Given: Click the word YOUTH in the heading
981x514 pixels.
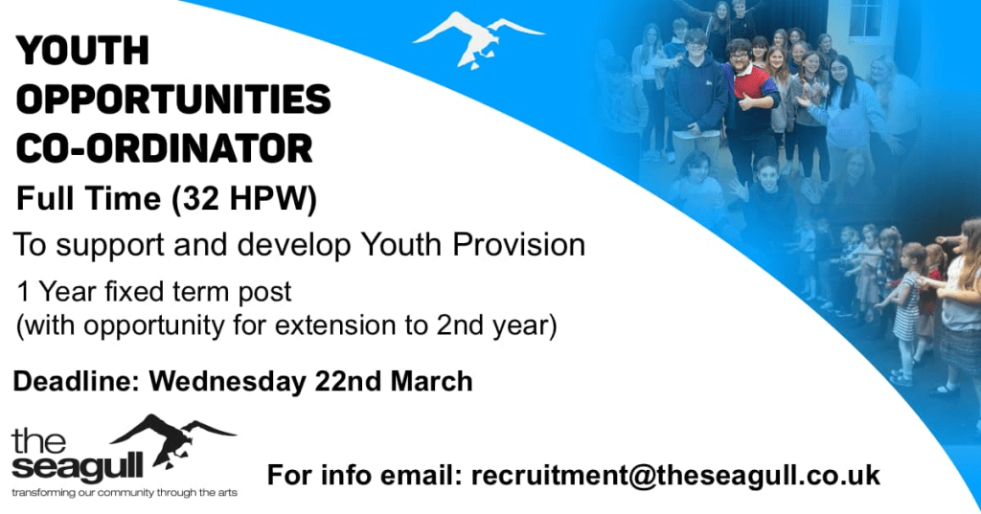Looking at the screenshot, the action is (82, 51).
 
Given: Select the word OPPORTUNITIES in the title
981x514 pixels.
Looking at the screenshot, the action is (173, 101).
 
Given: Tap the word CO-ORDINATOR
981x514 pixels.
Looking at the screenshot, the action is (164, 148).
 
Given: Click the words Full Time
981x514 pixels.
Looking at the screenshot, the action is (88, 199).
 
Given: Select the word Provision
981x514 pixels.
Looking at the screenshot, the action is (518, 244).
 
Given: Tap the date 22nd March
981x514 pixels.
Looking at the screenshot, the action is (394, 382).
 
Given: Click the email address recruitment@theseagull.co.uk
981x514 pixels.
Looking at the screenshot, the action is (675, 475).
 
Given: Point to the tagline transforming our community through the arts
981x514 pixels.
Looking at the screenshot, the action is (125, 493).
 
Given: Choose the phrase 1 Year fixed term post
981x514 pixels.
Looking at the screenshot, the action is (154, 292).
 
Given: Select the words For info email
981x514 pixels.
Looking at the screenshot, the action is (365, 475).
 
